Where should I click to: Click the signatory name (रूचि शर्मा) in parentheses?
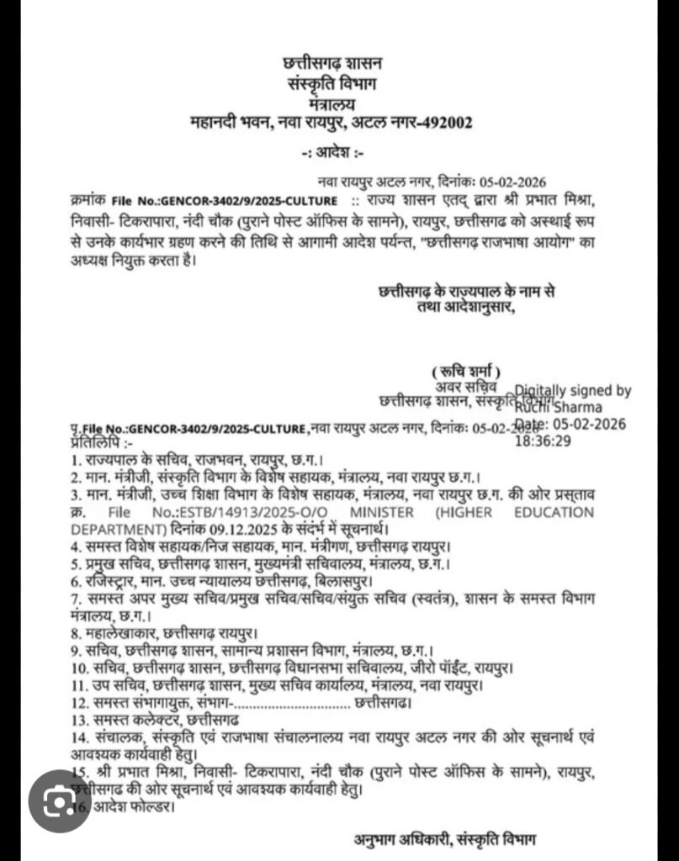pyautogui.click(x=465, y=371)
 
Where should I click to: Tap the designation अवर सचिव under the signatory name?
pyautogui.click(x=466, y=386)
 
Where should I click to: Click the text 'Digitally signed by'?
pyautogui.click(x=573, y=390)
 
